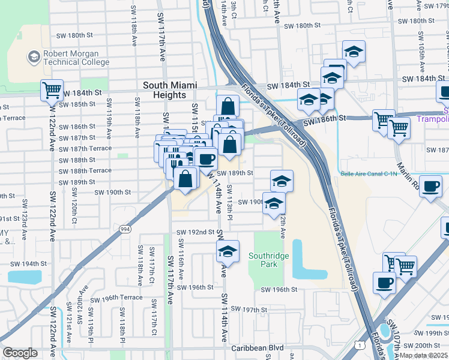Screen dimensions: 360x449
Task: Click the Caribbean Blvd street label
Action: [257, 347]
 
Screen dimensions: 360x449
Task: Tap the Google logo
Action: [20, 353]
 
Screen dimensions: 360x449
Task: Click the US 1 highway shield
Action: [358, 344]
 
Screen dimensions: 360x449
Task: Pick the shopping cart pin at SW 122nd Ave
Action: [52, 90]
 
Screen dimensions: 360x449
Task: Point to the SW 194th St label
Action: [28, 264]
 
